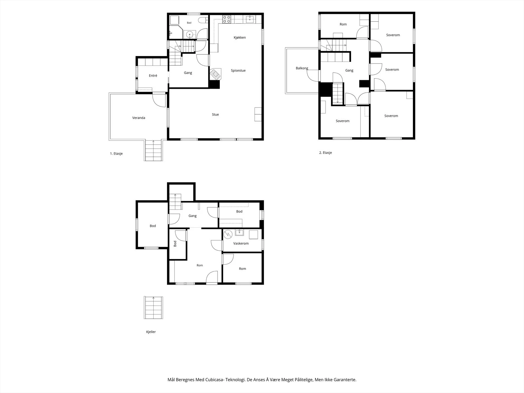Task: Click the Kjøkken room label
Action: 239,37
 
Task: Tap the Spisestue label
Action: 238,71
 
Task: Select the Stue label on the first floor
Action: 215,115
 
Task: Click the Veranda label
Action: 139,118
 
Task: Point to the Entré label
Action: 153,76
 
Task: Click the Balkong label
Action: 302,68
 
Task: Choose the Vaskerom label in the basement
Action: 241,243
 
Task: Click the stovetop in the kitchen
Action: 227,19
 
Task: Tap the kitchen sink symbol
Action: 250,19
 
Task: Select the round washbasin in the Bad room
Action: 190,35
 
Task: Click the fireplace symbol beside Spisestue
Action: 215,74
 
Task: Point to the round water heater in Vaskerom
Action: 228,234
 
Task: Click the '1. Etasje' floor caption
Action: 116,154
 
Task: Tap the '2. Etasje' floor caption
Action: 326,153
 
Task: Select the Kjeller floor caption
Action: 151,332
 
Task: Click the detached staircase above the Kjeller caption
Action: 153,308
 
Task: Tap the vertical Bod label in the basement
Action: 175,244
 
